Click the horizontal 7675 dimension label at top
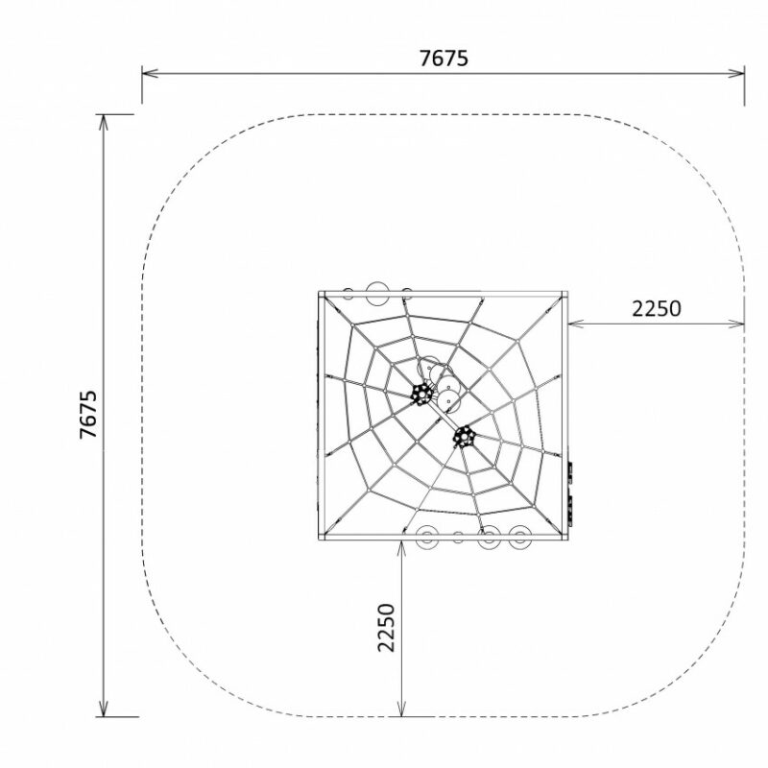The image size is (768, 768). click(444, 59)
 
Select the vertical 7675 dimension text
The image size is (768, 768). click(88, 415)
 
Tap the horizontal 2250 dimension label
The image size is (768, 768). click(657, 309)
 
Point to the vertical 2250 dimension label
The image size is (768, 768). click(387, 628)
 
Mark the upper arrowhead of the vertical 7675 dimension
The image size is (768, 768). click(103, 123)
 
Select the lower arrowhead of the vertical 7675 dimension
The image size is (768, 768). click(103, 708)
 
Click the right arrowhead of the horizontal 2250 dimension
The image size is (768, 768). click(736, 324)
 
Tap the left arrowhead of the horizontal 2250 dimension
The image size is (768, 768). click(575, 324)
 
